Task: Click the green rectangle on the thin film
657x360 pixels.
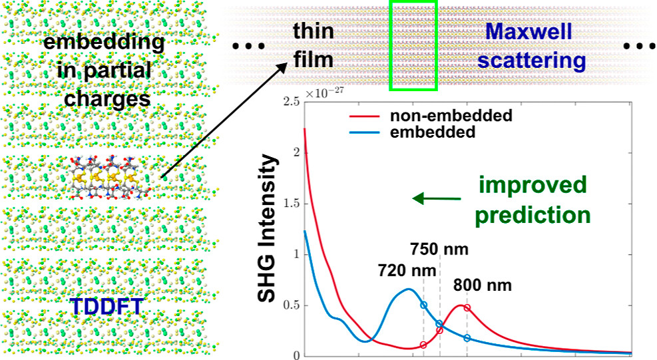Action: [x=413, y=45]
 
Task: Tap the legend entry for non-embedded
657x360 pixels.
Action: [x=449, y=115]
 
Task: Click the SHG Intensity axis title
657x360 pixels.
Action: [x=268, y=228]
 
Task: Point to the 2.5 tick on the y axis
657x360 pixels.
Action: [x=287, y=102]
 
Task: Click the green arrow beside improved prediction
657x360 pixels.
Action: [x=437, y=198]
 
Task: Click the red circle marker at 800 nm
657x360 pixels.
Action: [x=467, y=307]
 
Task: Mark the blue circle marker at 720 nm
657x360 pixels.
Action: [x=423, y=305]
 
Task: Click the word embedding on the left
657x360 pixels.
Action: [x=103, y=43]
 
